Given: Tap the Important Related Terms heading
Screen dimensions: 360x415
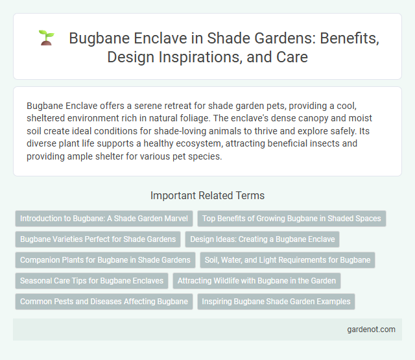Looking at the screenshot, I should (x=207, y=195).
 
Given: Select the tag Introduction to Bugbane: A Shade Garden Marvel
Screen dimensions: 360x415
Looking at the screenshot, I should (x=104, y=219).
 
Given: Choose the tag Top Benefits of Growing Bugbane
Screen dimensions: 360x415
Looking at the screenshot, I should (x=292, y=219).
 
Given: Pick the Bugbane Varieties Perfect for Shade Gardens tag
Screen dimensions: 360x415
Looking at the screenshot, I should (x=98, y=239).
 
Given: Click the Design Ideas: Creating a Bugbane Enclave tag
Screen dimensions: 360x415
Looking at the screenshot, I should (x=262, y=239).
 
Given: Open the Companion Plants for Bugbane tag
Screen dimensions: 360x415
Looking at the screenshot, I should (x=105, y=260).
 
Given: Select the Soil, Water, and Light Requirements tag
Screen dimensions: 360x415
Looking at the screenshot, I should (x=287, y=260).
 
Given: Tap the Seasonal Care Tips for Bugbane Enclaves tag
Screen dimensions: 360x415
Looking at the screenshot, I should (x=91, y=281).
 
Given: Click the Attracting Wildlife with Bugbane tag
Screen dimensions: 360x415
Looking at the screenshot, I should (x=257, y=281).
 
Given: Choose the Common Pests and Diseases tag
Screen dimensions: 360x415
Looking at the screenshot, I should (x=104, y=302).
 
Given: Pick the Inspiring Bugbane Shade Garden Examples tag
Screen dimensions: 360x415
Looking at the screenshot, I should (x=276, y=302).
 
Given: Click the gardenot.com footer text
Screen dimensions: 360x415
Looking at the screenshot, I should (x=370, y=330).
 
